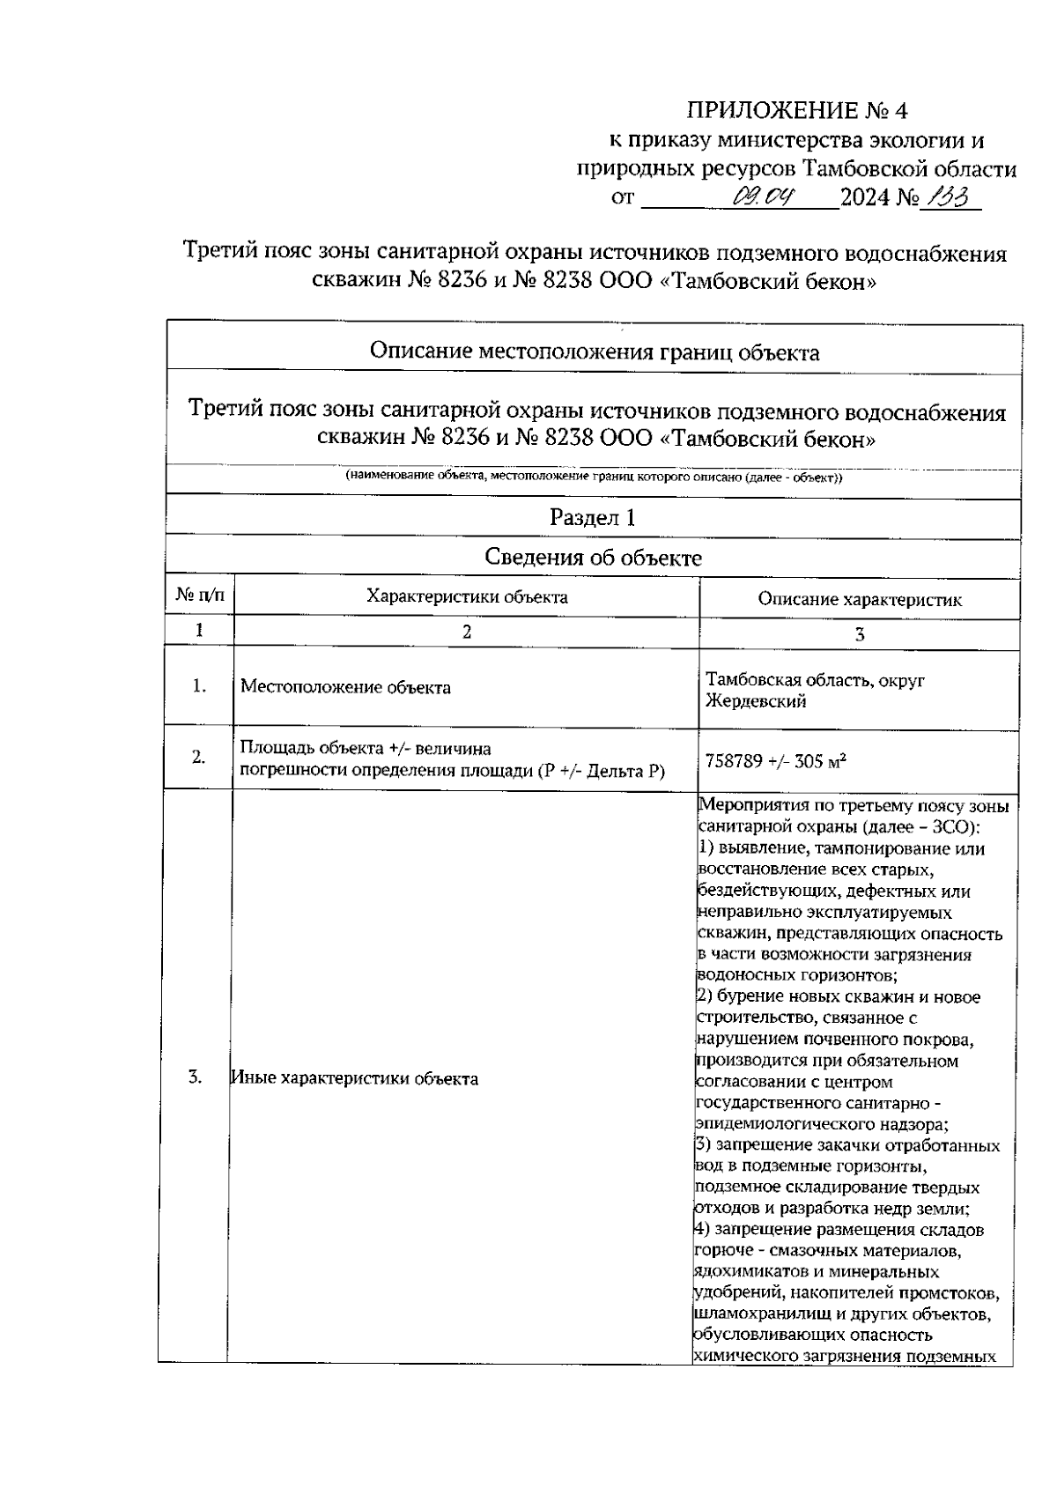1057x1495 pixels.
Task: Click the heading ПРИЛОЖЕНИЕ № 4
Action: (796, 111)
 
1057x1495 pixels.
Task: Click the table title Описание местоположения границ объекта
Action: (594, 353)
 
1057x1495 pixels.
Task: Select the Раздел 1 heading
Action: (592, 518)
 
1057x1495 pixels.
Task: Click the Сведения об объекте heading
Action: (593, 558)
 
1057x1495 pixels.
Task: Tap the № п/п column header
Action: (200, 597)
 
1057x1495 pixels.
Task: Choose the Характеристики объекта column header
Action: (467, 597)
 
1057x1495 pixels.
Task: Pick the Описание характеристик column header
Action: (860, 600)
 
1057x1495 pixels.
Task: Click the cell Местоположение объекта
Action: (345, 688)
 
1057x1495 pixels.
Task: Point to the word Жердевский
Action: (756, 702)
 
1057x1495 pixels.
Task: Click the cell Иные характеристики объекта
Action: (354, 1078)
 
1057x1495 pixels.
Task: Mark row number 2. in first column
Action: (199, 758)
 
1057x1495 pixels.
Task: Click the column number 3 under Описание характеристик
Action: (860, 634)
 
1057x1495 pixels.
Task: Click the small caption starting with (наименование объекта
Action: (594, 477)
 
